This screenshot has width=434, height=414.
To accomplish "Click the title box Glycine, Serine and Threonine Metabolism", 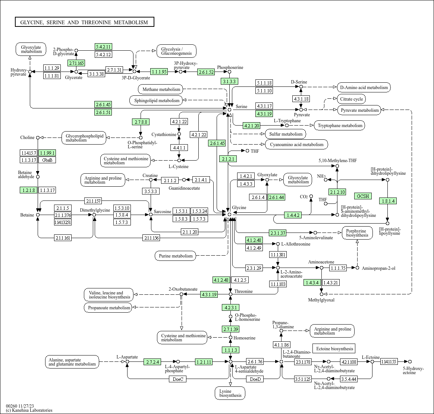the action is point(84,22).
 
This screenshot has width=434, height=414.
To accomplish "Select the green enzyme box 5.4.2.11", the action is point(103,47).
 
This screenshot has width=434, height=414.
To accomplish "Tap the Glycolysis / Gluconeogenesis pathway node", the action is point(177,51).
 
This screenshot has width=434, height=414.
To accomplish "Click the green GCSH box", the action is point(363,196).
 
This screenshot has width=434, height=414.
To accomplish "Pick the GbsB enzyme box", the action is point(47,160).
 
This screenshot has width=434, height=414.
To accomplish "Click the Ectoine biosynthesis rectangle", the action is point(334,348).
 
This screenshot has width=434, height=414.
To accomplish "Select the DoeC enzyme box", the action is point(178,379).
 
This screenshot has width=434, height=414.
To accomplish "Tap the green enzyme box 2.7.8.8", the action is point(141,122).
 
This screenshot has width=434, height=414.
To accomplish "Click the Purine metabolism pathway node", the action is point(176,256).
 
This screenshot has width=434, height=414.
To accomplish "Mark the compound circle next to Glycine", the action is point(229,214).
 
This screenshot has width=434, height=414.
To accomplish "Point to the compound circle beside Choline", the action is point(38,138).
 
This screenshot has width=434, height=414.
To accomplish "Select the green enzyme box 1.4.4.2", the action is point(293,215).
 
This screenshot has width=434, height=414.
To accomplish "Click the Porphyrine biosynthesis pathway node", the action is point(357,233).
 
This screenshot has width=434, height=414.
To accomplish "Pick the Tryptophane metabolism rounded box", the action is point(340,126).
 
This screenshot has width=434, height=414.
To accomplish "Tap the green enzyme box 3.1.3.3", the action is point(229,81).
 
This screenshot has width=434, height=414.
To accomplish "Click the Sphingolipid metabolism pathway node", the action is point(156,100).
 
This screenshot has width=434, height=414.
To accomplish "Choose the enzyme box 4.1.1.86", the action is point(282,345).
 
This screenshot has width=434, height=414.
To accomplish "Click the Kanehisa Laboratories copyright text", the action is point(29,410).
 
